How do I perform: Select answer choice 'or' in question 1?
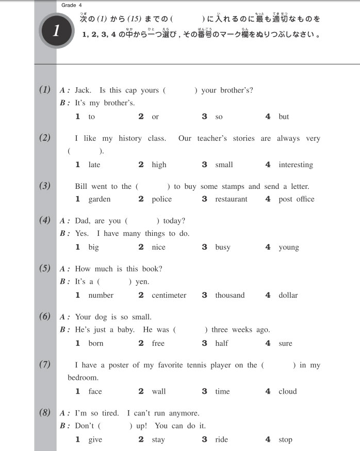[155, 117]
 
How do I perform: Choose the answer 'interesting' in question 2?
[296, 165]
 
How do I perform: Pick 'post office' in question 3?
[296, 199]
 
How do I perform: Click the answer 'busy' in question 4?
[223, 247]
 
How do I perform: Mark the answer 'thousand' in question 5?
[230, 295]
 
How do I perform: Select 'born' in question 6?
[96, 343]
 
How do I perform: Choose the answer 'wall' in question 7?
[159, 391]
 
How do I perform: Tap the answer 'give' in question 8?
[95, 440]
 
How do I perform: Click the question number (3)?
[45, 186]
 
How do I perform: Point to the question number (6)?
[45, 316]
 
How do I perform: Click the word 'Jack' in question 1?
[83, 90]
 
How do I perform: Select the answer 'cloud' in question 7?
[288, 391]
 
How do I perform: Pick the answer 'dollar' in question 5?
[288, 295]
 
